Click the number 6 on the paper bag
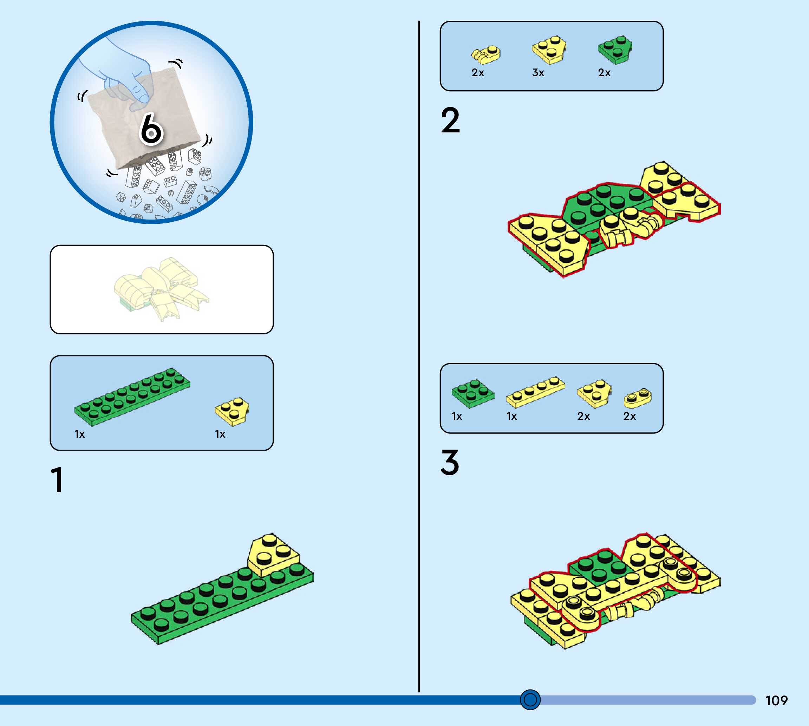[x=151, y=129]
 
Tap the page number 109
[x=776, y=700]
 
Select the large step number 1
[x=57, y=479]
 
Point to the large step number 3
[x=450, y=462]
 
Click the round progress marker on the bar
[x=530, y=700]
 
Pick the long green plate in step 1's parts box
[x=132, y=397]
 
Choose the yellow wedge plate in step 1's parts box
[x=232, y=411]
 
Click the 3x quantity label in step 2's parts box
[x=538, y=73]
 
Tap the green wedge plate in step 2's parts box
[x=615, y=50]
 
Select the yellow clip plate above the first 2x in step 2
[x=485, y=55]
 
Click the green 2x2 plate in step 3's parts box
[x=473, y=393]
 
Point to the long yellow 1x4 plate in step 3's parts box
[x=535, y=391]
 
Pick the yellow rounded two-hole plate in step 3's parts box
[x=638, y=398]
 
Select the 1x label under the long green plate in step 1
[x=79, y=434]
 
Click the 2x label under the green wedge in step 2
[x=604, y=73]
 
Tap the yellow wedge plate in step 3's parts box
[x=594, y=393]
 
